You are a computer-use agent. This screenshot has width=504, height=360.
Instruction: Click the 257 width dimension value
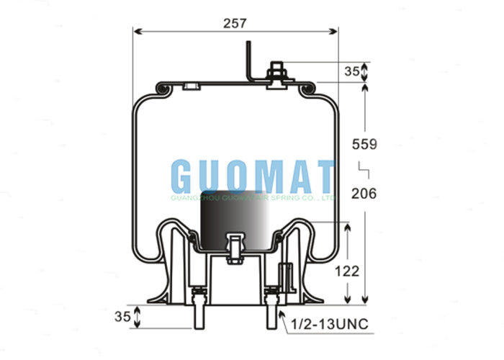pyautogui.click(x=235, y=22)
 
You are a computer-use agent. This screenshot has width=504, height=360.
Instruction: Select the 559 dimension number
pyautogui.click(x=364, y=144)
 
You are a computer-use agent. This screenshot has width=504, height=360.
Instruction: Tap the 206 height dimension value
pyautogui.click(x=364, y=193)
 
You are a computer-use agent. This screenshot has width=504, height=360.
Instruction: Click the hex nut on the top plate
pyautogui.click(x=276, y=73)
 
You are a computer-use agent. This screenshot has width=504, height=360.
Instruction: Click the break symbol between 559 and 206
pyautogui.click(x=364, y=169)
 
